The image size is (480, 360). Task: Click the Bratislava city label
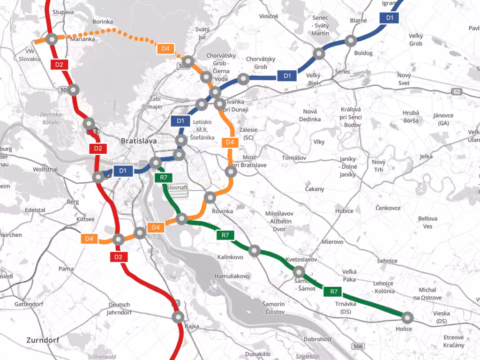[x=138, y=141]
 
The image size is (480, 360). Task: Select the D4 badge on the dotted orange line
[x=165, y=48]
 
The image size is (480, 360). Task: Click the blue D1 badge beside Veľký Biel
[x=287, y=75]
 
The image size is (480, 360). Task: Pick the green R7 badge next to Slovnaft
[x=164, y=178]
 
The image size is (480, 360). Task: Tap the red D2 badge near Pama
[x=118, y=256]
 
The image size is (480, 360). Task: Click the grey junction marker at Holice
[x=407, y=317]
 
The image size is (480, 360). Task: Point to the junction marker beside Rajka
[x=178, y=317]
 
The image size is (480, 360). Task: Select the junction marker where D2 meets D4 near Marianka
[x=51, y=39]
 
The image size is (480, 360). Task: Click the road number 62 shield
[x=457, y=92]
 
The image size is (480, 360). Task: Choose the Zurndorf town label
[x=44, y=340]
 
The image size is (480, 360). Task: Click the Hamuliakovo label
[x=232, y=276]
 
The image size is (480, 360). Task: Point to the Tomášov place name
[x=294, y=158]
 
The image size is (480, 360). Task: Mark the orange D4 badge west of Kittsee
[x=90, y=239]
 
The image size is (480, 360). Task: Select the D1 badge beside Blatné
[x=390, y=18]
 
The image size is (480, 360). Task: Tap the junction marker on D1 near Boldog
[x=350, y=41]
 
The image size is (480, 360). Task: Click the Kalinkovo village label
[x=230, y=257]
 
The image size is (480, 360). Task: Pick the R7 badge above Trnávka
[x=333, y=292]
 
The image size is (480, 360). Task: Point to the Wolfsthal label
[x=45, y=169]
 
